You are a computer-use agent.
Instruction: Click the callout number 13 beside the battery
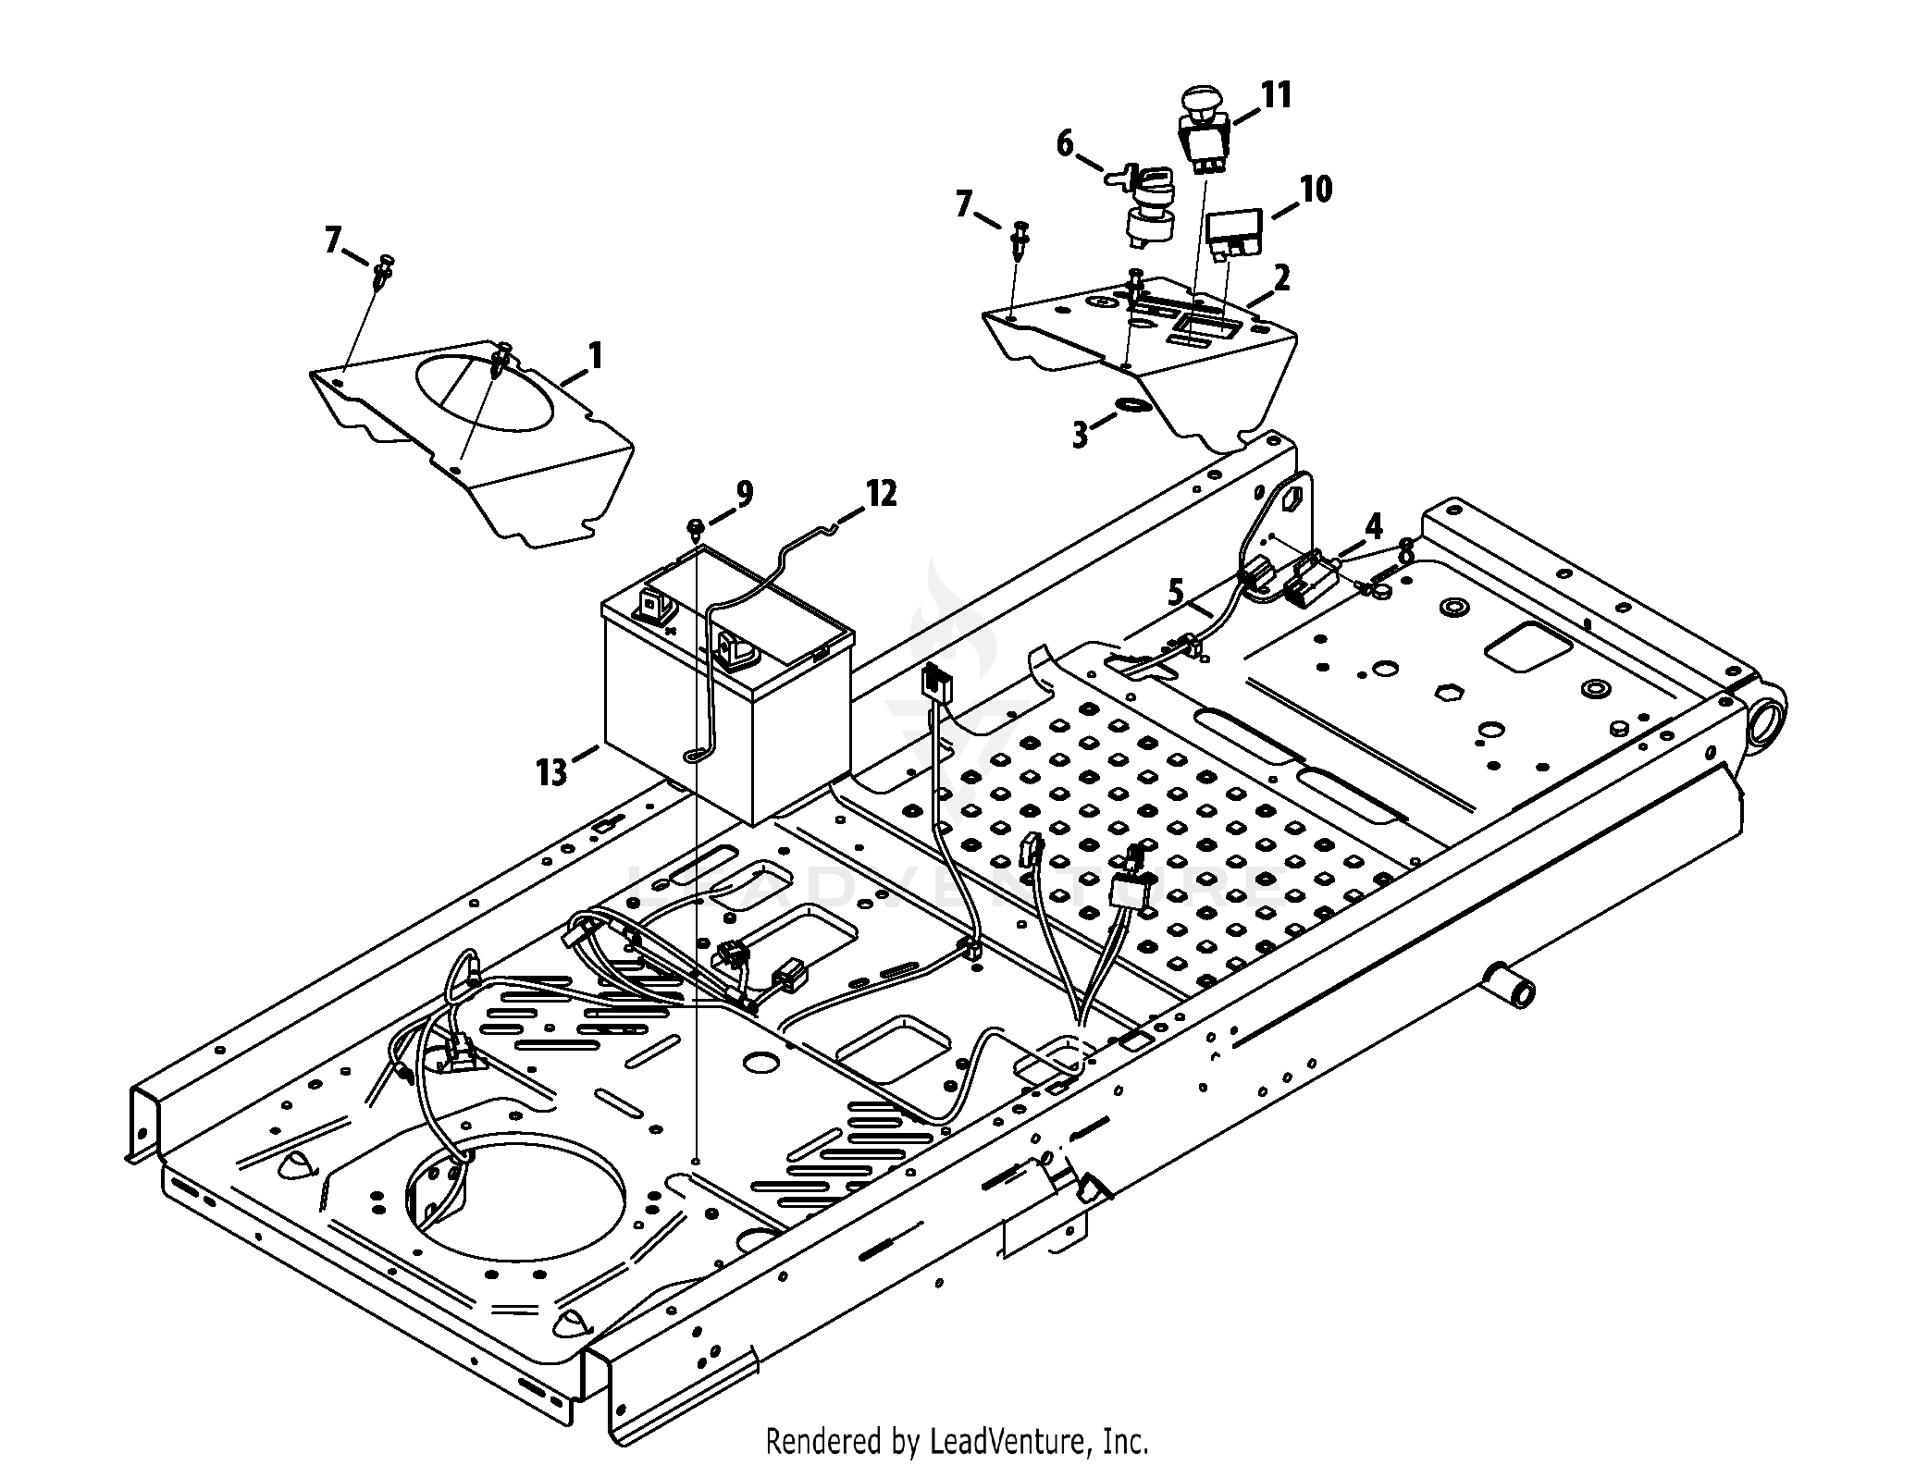(551, 770)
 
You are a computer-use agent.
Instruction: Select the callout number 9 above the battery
(745, 495)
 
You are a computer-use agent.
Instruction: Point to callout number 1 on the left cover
(595, 356)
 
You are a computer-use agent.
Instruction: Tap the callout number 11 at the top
(1278, 95)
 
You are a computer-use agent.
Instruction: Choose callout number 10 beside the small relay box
(1316, 190)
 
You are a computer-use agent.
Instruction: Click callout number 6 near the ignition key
(1066, 143)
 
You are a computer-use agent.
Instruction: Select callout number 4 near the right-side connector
(1374, 528)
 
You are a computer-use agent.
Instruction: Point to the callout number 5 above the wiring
(1176, 592)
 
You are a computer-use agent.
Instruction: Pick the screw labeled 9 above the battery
(695, 529)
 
